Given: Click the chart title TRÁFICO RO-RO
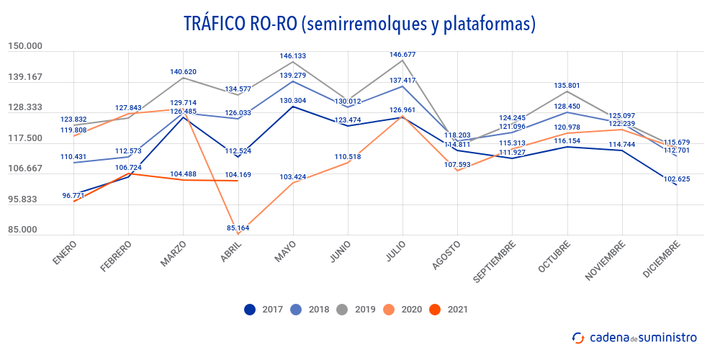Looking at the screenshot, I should click(x=360, y=23).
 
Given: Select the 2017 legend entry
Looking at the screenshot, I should click(x=264, y=310).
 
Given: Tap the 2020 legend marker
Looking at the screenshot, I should click(x=389, y=310).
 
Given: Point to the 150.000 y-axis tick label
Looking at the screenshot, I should click(x=25, y=46).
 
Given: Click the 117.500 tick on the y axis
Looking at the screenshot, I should click(x=25, y=138).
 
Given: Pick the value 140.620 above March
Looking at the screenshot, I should click(x=184, y=72).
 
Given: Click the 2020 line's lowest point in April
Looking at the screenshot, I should click(x=238, y=234).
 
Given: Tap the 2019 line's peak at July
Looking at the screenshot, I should click(x=402, y=60).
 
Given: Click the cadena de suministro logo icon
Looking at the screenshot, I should click(x=578, y=337).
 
